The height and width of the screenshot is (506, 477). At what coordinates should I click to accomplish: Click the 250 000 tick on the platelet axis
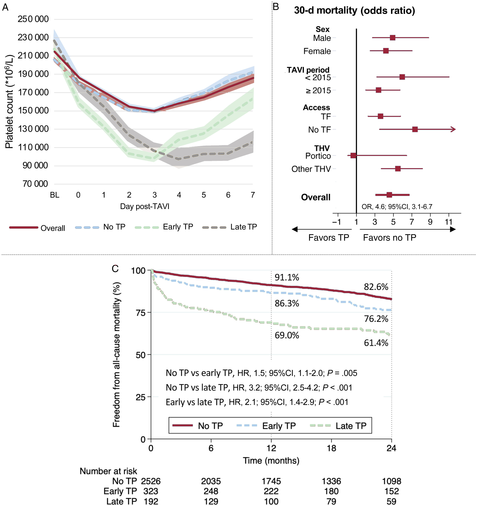pos(33,19)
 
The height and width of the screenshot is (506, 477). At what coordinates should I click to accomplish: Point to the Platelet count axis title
pos(9,102)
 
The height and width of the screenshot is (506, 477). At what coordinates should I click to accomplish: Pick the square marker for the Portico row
pos(353,156)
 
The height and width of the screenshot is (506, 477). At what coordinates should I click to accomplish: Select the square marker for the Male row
pos(393,38)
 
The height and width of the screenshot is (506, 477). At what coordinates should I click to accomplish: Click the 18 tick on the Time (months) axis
pos(331,448)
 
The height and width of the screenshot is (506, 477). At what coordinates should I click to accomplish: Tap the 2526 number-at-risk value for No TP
pos(151,481)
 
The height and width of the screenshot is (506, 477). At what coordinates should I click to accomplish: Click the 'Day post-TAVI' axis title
pos(145,206)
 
